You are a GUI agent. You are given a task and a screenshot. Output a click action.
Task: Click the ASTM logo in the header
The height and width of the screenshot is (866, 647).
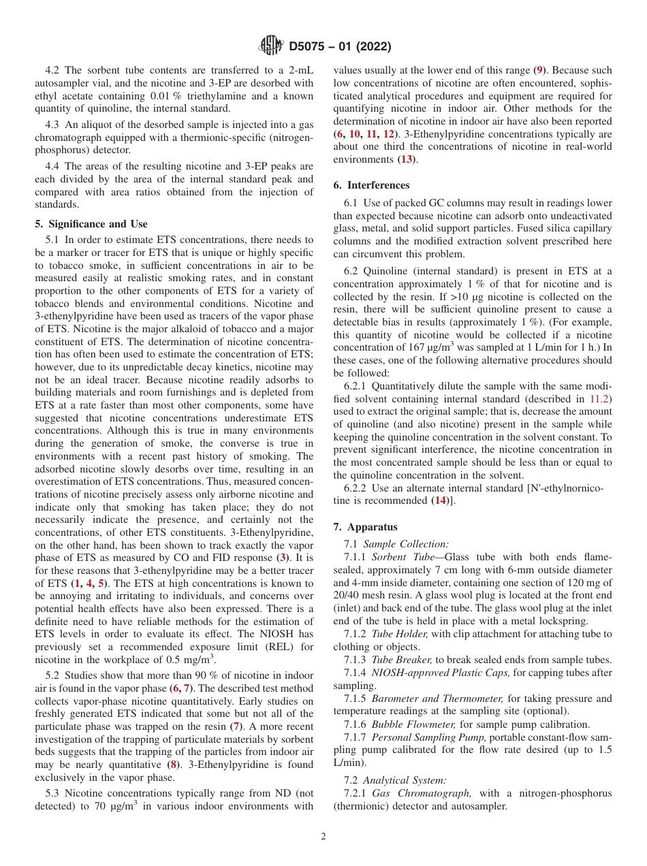pyautogui.click(x=272, y=46)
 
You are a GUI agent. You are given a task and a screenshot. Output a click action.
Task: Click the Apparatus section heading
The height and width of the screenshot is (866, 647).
pyautogui.click(x=366, y=527)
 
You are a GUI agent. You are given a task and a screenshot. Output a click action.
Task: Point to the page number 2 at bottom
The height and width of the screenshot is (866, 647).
pyautogui.click(x=323, y=837)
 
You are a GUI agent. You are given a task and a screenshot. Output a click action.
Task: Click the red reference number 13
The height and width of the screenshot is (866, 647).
pyautogui.click(x=407, y=159)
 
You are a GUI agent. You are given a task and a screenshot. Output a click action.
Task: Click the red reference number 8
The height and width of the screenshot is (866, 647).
pyautogui.click(x=174, y=765)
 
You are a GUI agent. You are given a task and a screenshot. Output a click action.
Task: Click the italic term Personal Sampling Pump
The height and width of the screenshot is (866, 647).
pyautogui.click(x=428, y=737)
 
